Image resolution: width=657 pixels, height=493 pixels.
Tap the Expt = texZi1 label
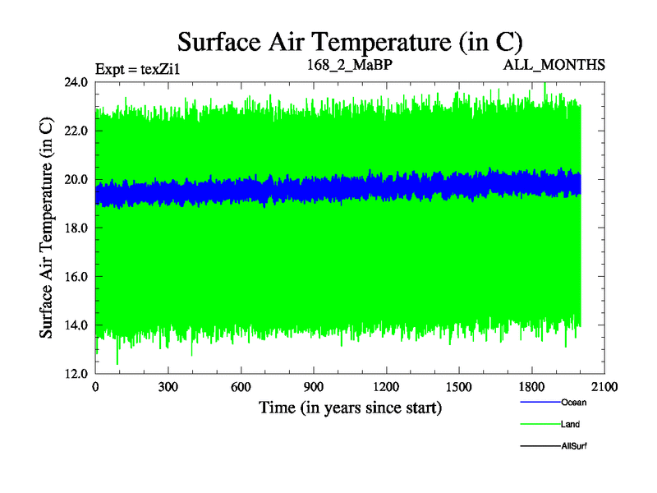click(137, 69)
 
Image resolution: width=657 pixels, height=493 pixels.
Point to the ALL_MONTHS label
click(554, 65)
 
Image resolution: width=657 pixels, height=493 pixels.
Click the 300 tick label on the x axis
click(168, 387)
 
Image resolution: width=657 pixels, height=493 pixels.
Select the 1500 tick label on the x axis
click(459, 387)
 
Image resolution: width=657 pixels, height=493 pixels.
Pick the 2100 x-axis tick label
click(604, 387)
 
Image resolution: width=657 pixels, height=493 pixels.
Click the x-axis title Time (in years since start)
click(351, 408)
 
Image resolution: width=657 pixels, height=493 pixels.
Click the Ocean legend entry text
click(574, 403)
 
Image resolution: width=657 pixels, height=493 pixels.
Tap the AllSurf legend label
click(574, 445)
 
